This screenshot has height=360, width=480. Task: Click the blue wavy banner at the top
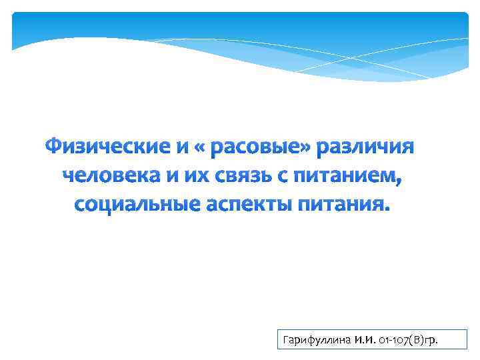click(240, 40)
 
